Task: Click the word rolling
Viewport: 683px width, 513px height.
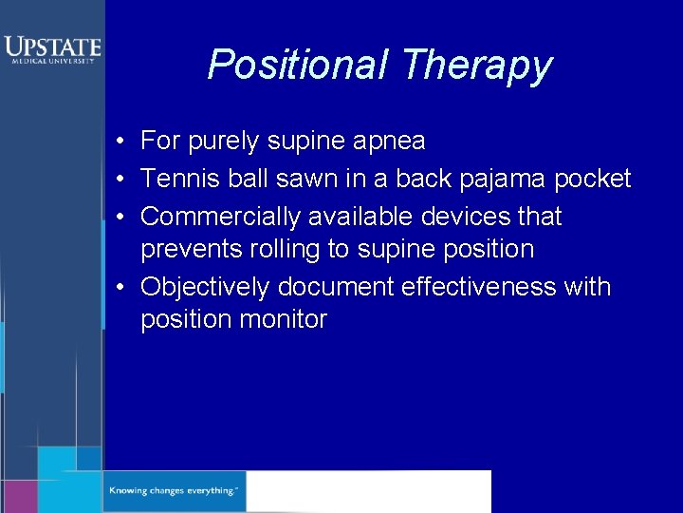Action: click(278, 250)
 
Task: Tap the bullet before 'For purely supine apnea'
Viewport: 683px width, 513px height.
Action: click(123, 142)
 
